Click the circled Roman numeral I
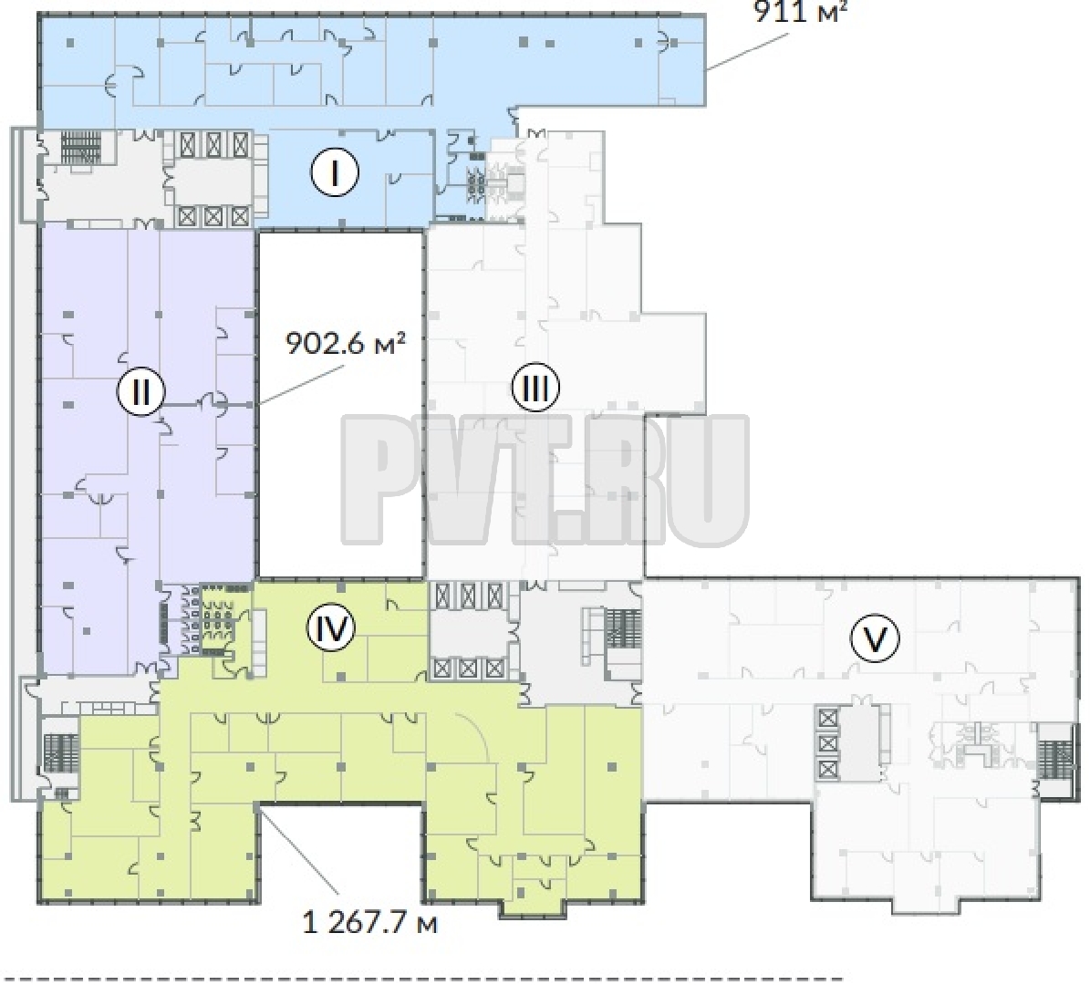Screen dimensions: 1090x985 coord(335,172)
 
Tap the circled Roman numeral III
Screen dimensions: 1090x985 coord(535,388)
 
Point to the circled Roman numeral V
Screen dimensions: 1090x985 coord(875,638)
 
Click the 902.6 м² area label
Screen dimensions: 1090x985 coord(346,344)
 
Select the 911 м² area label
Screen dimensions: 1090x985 coord(801,11)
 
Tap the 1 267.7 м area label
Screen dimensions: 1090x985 coord(369,924)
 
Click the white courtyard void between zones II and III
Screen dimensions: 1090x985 coord(340,404)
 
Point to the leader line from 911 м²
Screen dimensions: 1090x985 coord(750,50)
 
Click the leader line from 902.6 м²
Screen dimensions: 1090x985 coord(301,384)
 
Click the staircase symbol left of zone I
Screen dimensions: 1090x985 coord(80,148)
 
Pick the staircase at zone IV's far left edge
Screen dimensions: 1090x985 coord(62,753)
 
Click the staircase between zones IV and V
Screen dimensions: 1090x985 coord(623,628)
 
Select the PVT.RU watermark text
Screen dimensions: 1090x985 coord(545,480)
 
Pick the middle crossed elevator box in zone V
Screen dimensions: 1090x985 coord(827,744)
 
